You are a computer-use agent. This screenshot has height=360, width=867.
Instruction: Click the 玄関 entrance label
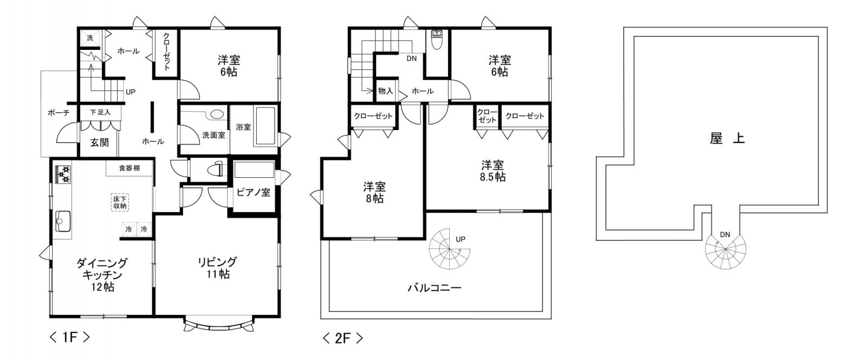click(x=100, y=143)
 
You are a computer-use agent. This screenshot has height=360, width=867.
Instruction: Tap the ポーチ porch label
click(x=59, y=113)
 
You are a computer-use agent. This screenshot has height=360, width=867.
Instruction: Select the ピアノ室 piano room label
click(x=254, y=192)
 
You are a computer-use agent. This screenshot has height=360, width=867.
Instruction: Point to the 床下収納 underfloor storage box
click(x=120, y=202)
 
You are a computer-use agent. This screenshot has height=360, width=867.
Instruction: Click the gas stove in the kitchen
click(x=63, y=174)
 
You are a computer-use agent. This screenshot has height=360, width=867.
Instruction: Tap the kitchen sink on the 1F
click(x=63, y=221)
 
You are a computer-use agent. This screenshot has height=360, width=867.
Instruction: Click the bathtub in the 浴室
click(x=265, y=126)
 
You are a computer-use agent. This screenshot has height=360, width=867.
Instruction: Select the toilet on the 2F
click(x=437, y=40)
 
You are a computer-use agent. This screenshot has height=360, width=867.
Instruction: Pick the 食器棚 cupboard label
click(x=130, y=168)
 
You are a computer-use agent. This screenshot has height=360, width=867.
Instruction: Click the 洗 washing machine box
click(x=90, y=38)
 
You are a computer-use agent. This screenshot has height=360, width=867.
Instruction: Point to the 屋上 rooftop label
click(x=727, y=138)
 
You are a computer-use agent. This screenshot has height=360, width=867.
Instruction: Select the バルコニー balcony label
click(x=435, y=288)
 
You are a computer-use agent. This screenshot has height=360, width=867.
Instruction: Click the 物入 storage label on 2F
click(x=385, y=91)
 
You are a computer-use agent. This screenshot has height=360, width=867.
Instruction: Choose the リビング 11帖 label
click(x=217, y=268)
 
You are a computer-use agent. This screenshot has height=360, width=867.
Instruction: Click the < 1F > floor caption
click(x=70, y=337)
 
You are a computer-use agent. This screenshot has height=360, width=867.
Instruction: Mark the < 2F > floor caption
click(x=342, y=338)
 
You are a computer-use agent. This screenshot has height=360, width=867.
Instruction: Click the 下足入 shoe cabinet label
click(x=100, y=112)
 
